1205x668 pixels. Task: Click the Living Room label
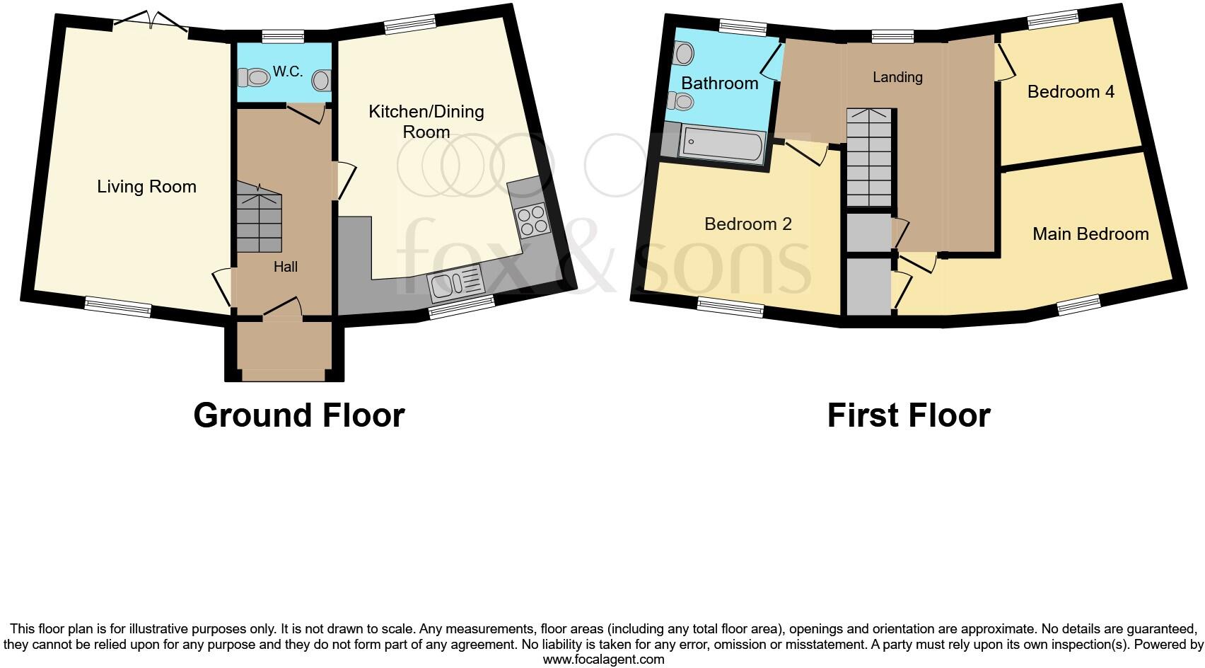[146, 187]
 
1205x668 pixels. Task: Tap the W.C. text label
[288, 71]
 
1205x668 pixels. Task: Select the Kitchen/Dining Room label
[426, 122]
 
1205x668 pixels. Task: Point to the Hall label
[285, 267]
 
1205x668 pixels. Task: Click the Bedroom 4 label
[1071, 92]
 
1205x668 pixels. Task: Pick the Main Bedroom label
[1090, 234]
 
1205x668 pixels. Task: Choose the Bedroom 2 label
[747, 224]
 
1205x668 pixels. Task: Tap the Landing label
[897, 78]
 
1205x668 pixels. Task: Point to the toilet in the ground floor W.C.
[254, 78]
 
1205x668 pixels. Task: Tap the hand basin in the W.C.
[321, 81]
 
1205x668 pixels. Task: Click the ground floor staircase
[260, 217]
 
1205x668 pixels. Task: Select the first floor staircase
[869, 157]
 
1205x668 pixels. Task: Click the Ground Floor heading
[299, 415]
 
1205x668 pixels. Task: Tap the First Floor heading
[909, 415]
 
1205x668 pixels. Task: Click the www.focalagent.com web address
[604, 660]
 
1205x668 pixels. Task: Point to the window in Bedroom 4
[1053, 19]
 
